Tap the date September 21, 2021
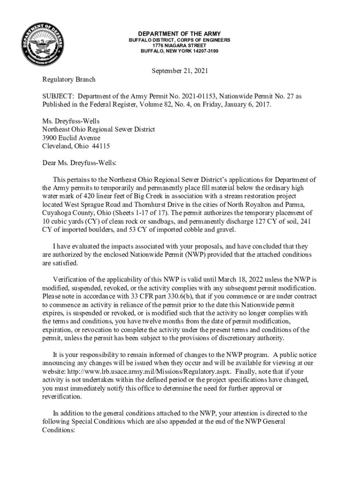pos(180,71)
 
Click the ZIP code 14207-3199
pos(201,51)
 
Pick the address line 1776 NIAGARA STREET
pos(180,45)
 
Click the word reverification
pos(62,397)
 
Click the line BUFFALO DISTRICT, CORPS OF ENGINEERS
pos(180,40)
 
